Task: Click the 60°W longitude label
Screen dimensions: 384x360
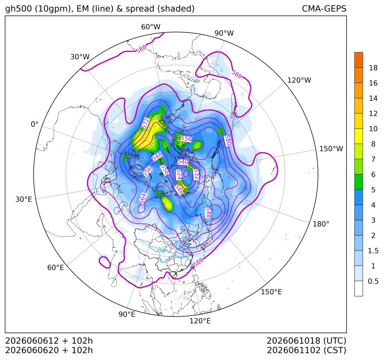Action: (x=150, y=27)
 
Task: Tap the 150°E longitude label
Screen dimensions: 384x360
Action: (x=271, y=292)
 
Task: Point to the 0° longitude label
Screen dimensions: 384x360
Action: (x=34, y=124)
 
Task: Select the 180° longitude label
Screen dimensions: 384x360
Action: (x=321, y=224)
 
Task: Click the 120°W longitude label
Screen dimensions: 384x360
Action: (x=299, y=80)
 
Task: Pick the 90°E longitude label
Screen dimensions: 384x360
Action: (x=127, y=315)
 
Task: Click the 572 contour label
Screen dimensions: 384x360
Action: (x=145, y=123)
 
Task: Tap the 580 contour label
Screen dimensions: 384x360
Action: (x=228, y=141)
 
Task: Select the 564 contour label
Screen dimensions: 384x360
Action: (x=142, y=198)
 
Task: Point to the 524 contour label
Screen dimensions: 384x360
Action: (x=179, y=175)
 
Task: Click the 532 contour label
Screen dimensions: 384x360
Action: (x=196, y=174)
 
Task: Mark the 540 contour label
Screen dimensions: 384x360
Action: (x=182, y=162)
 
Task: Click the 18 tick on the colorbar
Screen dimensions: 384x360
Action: (x=373, y=68)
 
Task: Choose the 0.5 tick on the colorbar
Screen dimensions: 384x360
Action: (x=373, y=281)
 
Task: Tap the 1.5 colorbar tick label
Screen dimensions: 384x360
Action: (x=373, y=251)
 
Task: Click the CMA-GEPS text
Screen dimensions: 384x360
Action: (x=324, y=9)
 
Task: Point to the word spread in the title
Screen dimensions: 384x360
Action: (x=139, y=9)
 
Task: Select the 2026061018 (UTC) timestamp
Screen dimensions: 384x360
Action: (x=306, y=341)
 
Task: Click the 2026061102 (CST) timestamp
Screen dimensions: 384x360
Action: (x=306, y=350)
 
